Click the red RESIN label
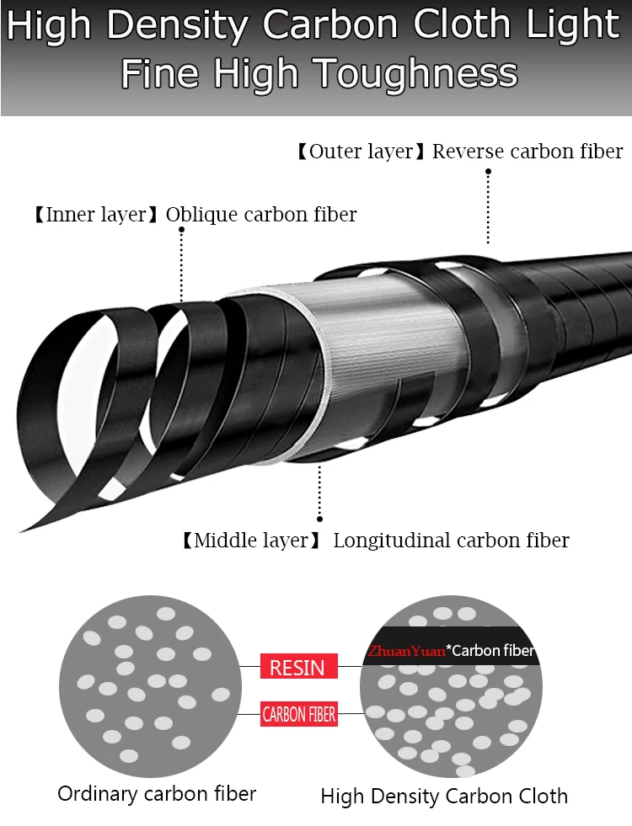click(x=299, y=666)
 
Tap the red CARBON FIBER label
click(x=299, y=714)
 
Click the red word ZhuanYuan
click(x=406, y=651)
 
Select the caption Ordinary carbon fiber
click(x=157, y=793)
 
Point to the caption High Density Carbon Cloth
click(x=444, y=796)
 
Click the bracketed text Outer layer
click(x=361, y=152)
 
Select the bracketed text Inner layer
click(x=96, y=215)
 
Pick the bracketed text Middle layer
click(x=251, y=541)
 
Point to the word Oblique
click(x=202, y=215)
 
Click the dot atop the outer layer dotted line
click(x=488, y=171)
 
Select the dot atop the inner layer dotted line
click(x=181, y=230)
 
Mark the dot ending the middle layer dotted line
click(x=319, y=519)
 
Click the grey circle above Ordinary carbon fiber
click(x=150, y=686)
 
